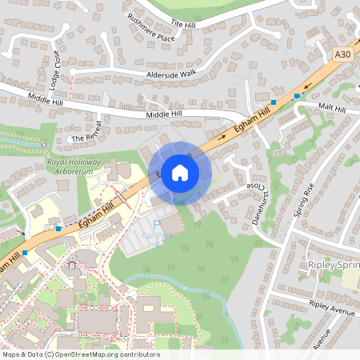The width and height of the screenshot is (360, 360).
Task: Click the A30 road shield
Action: pyautogui.click(x=342, y=54)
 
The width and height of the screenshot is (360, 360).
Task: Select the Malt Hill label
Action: pyautogui.click(x=331, y=108)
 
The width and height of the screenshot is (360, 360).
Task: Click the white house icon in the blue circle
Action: pyautogui.click(x=180, y=172)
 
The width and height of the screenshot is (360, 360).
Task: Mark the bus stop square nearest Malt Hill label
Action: pyautogui.click(x=297, y=96)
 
